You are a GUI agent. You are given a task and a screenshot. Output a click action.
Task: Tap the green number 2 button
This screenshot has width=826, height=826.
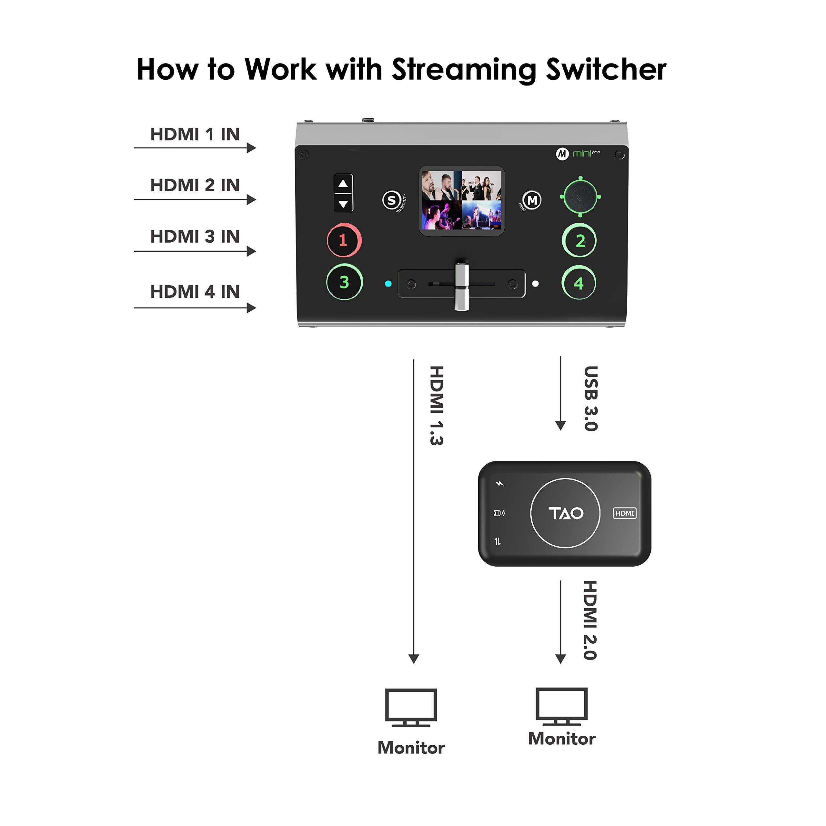(x=579, y=241)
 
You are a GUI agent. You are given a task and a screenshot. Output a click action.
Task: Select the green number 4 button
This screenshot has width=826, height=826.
(x=579, y=283)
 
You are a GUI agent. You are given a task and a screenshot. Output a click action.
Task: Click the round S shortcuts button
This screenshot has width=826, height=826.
(x=392, y=200)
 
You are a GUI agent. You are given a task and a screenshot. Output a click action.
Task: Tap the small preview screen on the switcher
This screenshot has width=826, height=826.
(x=462, y=200)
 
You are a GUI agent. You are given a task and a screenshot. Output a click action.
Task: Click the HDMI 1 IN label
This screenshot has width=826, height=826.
(x=195, y=134)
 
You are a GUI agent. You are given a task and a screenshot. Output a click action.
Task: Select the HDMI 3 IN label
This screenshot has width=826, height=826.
(x=195, y=237)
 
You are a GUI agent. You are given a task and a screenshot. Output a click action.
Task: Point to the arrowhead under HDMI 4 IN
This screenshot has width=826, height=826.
(x=251, y=308)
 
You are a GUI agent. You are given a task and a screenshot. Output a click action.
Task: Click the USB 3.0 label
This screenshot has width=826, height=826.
(x=591, y=398)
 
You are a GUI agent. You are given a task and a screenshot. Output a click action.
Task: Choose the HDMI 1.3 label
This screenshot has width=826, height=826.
(x=437, y=405)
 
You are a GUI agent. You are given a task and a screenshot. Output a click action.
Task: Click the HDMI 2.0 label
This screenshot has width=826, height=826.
(x=590, y=620)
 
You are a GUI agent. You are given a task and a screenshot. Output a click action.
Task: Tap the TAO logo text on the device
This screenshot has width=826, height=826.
(x=565, y=513)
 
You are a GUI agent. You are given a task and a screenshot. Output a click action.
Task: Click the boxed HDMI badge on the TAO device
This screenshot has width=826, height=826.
(x=625, y=513)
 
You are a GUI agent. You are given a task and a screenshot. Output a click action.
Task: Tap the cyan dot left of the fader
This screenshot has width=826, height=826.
(x=388, y=284)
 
